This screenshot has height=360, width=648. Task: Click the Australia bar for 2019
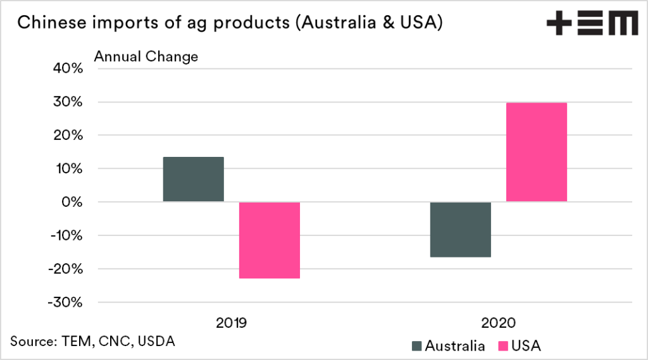(193, 179)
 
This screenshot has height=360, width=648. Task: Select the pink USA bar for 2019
(269, 240)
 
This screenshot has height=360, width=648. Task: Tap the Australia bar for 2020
(460, 229)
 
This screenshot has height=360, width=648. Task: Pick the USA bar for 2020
(537, 152)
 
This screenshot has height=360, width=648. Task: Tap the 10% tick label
(68, 169)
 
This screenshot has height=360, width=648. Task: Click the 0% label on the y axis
(71, 202)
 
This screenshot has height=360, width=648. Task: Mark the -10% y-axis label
(65, 235)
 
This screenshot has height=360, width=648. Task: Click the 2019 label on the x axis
(231, 322)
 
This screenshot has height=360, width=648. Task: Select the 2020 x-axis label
(499, 322)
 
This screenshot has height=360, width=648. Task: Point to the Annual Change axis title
(146, 56)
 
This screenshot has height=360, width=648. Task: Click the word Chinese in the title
(45, 23)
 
